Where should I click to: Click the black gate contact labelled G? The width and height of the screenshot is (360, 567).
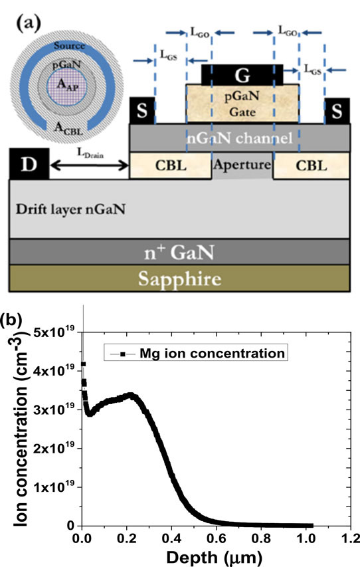tap(242, 75)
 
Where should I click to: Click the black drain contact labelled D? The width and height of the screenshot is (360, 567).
tap(29, 164)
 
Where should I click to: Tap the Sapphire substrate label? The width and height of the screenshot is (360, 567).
tap(179, 279)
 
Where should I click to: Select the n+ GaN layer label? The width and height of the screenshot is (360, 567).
tap(179, 252)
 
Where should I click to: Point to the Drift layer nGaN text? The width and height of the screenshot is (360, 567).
tap(70, 209)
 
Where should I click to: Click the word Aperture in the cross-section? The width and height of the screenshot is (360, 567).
tap(242, 165)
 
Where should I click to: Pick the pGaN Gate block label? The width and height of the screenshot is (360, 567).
tap(242, 104)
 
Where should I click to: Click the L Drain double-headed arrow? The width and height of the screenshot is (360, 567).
tap(90, 166)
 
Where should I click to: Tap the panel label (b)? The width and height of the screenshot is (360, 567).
tap(11, 320)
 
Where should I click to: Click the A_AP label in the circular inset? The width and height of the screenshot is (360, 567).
tap(68, 84)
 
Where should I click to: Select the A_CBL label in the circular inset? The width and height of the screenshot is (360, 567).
tap(68, 128)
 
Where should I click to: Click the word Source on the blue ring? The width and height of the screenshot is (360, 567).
tap(69, 46)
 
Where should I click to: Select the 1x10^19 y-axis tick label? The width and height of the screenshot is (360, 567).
tap(54, 487)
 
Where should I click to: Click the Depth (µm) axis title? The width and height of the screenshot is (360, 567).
tap(215, 558)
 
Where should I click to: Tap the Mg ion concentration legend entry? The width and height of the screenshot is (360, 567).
tap(196, 353)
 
